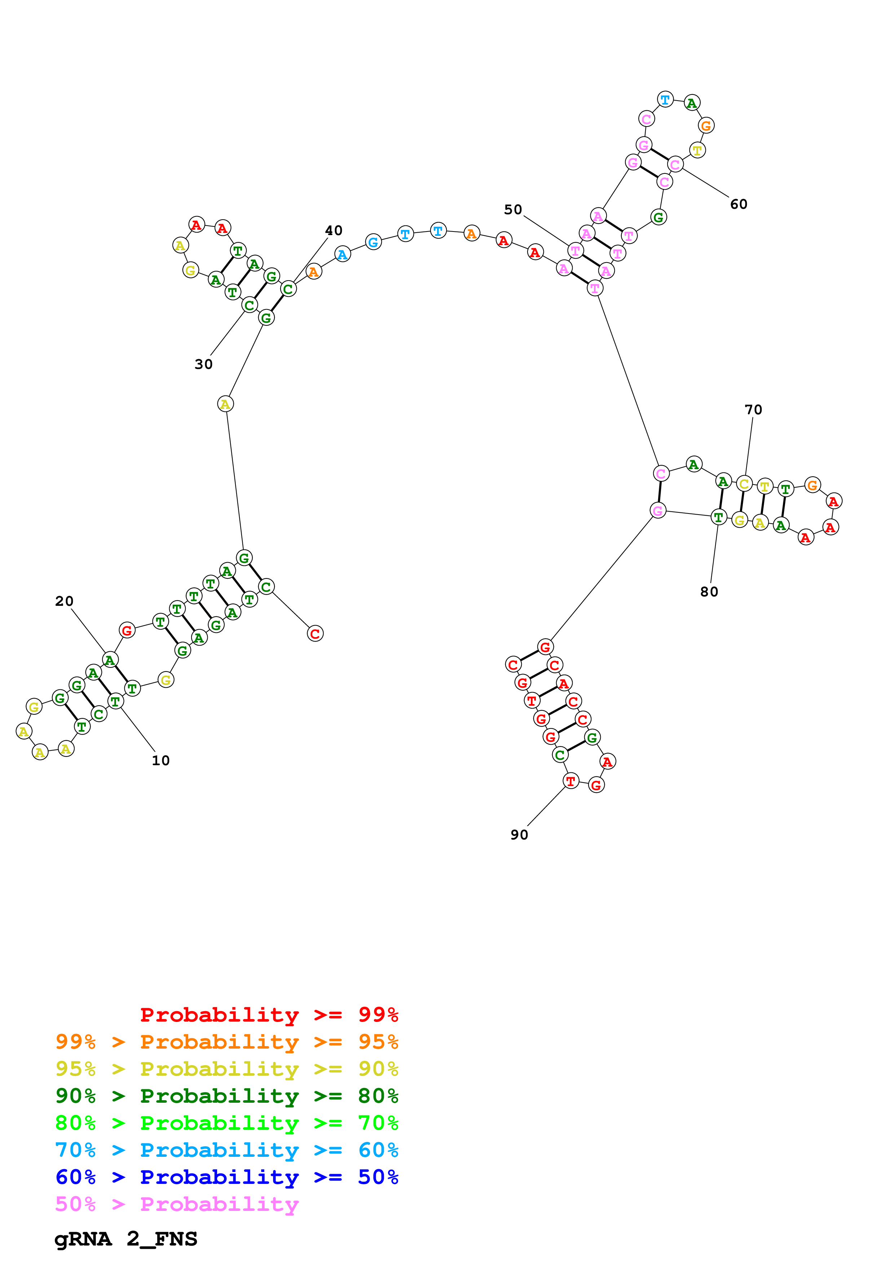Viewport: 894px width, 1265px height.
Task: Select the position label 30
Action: click(x=203, y=364)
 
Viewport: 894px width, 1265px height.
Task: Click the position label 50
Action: click(x=513, y=210)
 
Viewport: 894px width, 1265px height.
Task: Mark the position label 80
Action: click(x=709, y=592)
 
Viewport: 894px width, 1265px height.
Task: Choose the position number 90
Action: click(x=519, y=835)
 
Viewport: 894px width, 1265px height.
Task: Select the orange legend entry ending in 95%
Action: click(x=226, y=1042)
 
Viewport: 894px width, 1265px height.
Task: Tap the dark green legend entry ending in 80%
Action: click(x=226, y=1096)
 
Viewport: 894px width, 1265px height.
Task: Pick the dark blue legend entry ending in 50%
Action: click(x=226, y=1177)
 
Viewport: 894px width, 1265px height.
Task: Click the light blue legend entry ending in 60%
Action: click(x=226, y=1150)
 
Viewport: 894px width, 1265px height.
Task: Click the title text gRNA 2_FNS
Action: click(x=125, y=1239)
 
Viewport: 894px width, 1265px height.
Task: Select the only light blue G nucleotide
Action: click(x=374, y=242)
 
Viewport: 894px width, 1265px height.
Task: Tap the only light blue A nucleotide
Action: click(x=343, y=254)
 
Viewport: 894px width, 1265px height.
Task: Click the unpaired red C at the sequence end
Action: click(x=315, y=634)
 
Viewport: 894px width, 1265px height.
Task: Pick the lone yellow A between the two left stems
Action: click(x=225, y=404)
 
